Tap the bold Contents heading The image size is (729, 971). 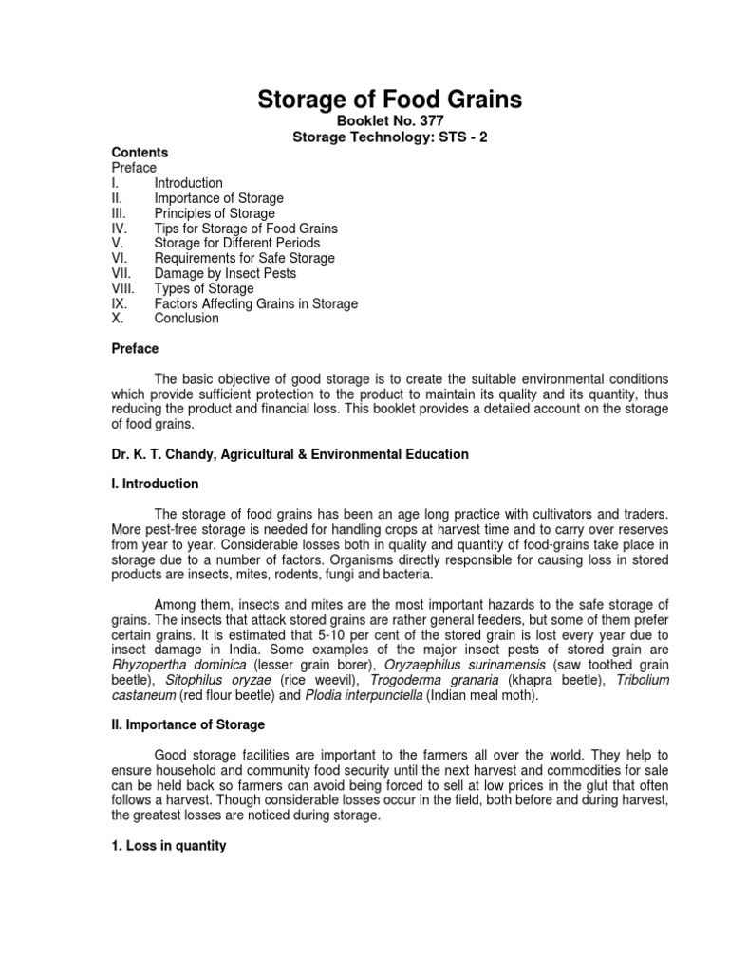pyautogui.click(x=140, y=153)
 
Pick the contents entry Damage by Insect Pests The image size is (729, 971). pyautogui.click(x=225, y=273)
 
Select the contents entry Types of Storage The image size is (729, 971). pyautogui.click(x=204, y=288)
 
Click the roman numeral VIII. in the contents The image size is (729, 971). pyautogui.click(x=123, y=288)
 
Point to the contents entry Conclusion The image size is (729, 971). pyautogui.click(x=186, y=319)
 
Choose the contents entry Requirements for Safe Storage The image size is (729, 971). pyautogui.click(x=244, y=258)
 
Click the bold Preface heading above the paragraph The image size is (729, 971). pyautogui.click(x=135, y=349)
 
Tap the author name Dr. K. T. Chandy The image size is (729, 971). pyautogui.click(x=165, y=454)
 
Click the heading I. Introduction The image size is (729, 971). pyautogui.click(x=155, y=485)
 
